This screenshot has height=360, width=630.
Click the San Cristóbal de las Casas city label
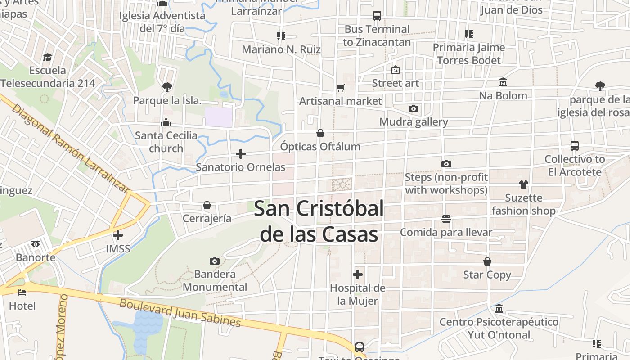click(x=319, y=221)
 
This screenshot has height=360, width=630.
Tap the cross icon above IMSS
click(x=118, y=235)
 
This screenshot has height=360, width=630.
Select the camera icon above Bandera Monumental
click(x=215, y=261)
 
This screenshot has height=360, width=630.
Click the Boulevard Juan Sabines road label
click(x=180, y=312)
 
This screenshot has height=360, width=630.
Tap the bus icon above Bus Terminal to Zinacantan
click(x=377, y=16)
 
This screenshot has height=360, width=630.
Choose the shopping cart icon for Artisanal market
click(x=341, y=88)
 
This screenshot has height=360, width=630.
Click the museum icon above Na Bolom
click(x=503, y=82)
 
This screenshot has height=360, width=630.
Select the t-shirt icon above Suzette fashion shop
click(x=524, y=184)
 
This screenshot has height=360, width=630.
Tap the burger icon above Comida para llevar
click(x=446, y=219)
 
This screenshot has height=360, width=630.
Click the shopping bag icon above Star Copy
click(x=487, y=261)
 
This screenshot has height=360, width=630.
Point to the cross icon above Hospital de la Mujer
click(x=358, y=274)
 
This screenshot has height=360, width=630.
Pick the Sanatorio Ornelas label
click(x=240, y=167)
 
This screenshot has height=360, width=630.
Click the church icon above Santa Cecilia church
click(x=166, y=122)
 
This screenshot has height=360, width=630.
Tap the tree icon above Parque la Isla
click(x=167, y=87)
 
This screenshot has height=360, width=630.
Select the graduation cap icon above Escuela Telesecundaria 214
click(x=48, y=57)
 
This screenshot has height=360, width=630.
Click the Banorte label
click(x=36, y=258)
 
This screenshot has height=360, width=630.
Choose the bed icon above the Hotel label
click(x=22, y=292)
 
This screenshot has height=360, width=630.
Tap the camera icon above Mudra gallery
click(x=414, y=109)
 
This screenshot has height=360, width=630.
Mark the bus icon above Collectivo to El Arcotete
click(x=575, y=146)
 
